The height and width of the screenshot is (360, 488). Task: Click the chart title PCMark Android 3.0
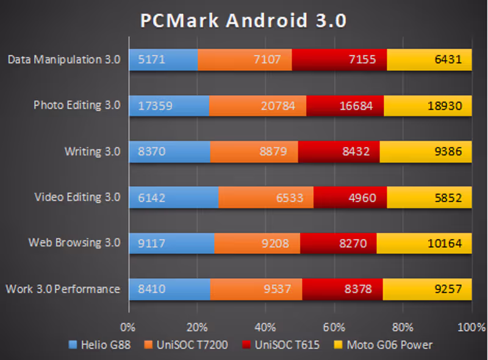pyautogui.click(x=243, y=20)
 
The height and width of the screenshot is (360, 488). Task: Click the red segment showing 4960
pyautogui.click(x=350, y=197)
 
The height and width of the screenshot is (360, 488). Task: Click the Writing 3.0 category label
pyautogui.click(x=92, y=151)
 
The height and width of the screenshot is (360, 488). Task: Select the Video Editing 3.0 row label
pyautogui.click(x=77, y=197)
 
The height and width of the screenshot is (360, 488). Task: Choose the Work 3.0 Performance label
pyautogui.click(x=63, y=289)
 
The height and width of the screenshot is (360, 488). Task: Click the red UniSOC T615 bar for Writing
pyautogui.click(x=339, y=151)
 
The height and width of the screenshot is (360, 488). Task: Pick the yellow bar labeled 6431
pyautogui.click(x=429, y=60)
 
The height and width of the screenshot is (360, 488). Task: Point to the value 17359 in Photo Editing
pyautogui.click(x=156, y=106)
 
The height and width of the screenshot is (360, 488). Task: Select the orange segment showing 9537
pyautogui.click(x=256, y=289)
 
